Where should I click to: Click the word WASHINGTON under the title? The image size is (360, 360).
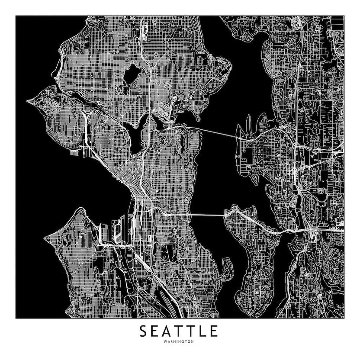coord(179,341)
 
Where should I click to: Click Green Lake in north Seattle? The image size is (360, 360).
coord(132,75)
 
